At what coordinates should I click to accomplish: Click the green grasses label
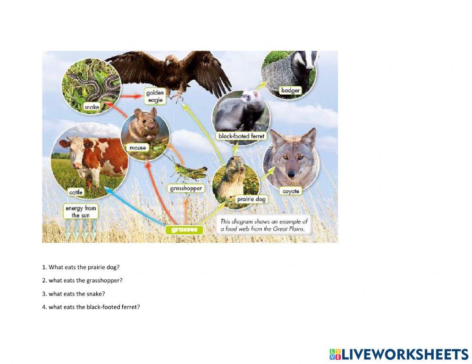184,230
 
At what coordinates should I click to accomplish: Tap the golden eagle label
155,96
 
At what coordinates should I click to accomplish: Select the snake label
92,107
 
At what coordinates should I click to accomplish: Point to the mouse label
137,148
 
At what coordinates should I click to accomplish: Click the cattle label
76,192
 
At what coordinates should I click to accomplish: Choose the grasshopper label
185,189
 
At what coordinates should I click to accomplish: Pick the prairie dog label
251,199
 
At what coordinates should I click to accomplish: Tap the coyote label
291,191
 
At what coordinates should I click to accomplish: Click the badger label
290,90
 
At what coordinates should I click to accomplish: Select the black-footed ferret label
241,136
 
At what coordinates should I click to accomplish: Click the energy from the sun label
81,212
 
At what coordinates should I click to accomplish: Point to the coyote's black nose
291,174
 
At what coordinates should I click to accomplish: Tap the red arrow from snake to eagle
131,96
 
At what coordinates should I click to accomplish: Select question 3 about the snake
74,294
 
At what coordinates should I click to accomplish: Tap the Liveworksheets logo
399,354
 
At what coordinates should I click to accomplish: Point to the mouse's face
144,123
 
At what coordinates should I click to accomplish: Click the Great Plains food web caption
264,225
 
